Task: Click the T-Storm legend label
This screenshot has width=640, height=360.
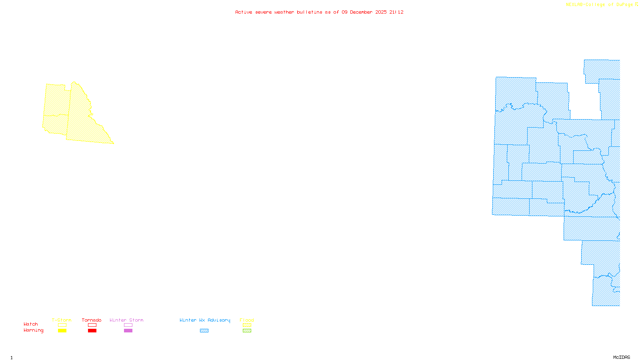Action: point(62,320)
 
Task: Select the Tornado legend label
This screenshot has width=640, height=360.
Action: point(92,320)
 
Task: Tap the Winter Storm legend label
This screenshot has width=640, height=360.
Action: point(126,320)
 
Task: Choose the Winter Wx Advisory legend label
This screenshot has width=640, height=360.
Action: point(205,320)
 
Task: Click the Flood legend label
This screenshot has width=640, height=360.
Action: point(247,320)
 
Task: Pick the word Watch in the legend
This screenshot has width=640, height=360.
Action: point(31,324)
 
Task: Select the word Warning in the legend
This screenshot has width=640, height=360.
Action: point(34,330)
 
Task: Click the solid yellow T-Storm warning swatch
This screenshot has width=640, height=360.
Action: point(62,331)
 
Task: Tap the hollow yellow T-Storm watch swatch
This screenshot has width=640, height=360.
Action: point(62,325)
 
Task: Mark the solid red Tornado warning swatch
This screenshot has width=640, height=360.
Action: point(92,331)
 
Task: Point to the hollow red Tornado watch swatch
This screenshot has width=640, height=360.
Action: point(92,325)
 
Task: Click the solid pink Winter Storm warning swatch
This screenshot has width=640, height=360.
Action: point(128,331)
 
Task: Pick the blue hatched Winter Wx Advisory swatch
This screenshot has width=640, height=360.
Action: point(204,331)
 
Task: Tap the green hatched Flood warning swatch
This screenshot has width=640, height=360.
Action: point(247,331)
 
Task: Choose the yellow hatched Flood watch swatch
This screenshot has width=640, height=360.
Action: point(247,325)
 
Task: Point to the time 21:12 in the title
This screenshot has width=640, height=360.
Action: point(396,12)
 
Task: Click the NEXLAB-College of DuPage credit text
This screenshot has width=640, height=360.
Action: point(600,4)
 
